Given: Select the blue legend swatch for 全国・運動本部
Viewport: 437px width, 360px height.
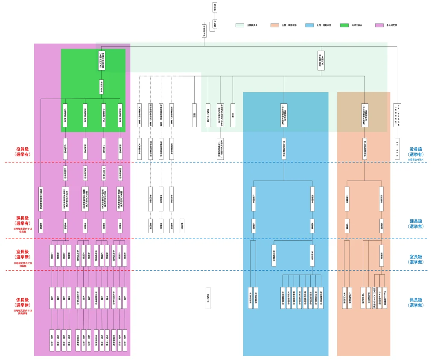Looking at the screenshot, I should pyautogui.click(x=310, y=25).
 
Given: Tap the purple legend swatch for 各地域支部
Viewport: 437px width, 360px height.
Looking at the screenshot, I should pyautogui.click(x=379, y=25).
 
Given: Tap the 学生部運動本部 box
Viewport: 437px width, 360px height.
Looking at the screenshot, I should pyautogui.click(x=283, y=149).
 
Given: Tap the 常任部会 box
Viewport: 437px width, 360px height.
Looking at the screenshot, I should pyautogui.click(x=312, y=255).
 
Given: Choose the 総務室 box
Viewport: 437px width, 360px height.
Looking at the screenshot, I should pyautogui.click(x=382, y=255).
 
